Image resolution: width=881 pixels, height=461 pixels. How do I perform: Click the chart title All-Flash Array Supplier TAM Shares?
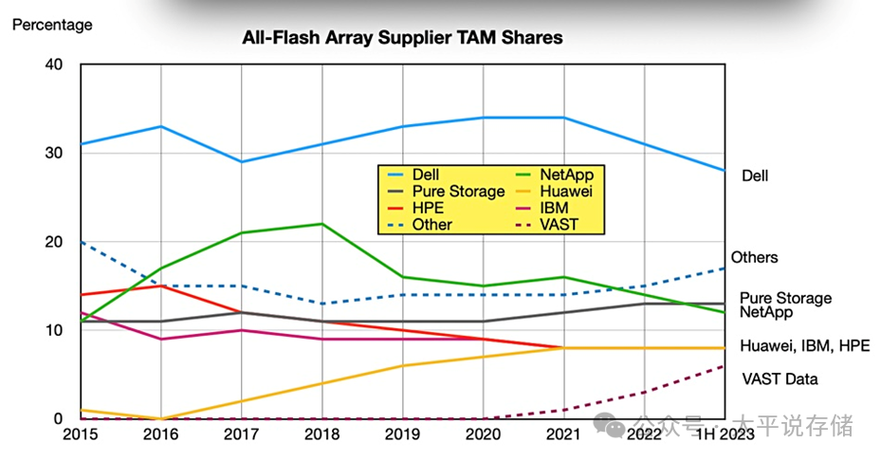tap(402, 38)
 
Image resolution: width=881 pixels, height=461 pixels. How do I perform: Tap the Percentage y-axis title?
tap(52, 25)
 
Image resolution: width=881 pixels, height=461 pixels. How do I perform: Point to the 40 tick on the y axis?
tap(53, 65)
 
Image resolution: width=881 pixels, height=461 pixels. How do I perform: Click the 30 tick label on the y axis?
tap(53, 153)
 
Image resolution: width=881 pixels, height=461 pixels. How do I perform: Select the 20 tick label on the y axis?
tap(53, 242)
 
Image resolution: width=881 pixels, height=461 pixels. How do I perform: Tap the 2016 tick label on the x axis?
tap(161, 433)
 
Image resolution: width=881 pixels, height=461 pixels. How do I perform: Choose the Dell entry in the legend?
tap(426, 175)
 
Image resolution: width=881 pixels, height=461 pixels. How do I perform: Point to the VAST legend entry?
tap(559, 225)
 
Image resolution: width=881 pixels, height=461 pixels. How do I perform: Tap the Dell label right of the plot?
tap(755, 175)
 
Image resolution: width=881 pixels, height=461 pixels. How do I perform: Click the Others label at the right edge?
tap(754, 258)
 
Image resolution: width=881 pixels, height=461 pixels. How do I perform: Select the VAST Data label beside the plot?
tap(780, 379)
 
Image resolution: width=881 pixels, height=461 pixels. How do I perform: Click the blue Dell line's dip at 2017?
tap(242, 161)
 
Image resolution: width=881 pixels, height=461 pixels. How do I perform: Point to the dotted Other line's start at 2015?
tap(82, 242)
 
